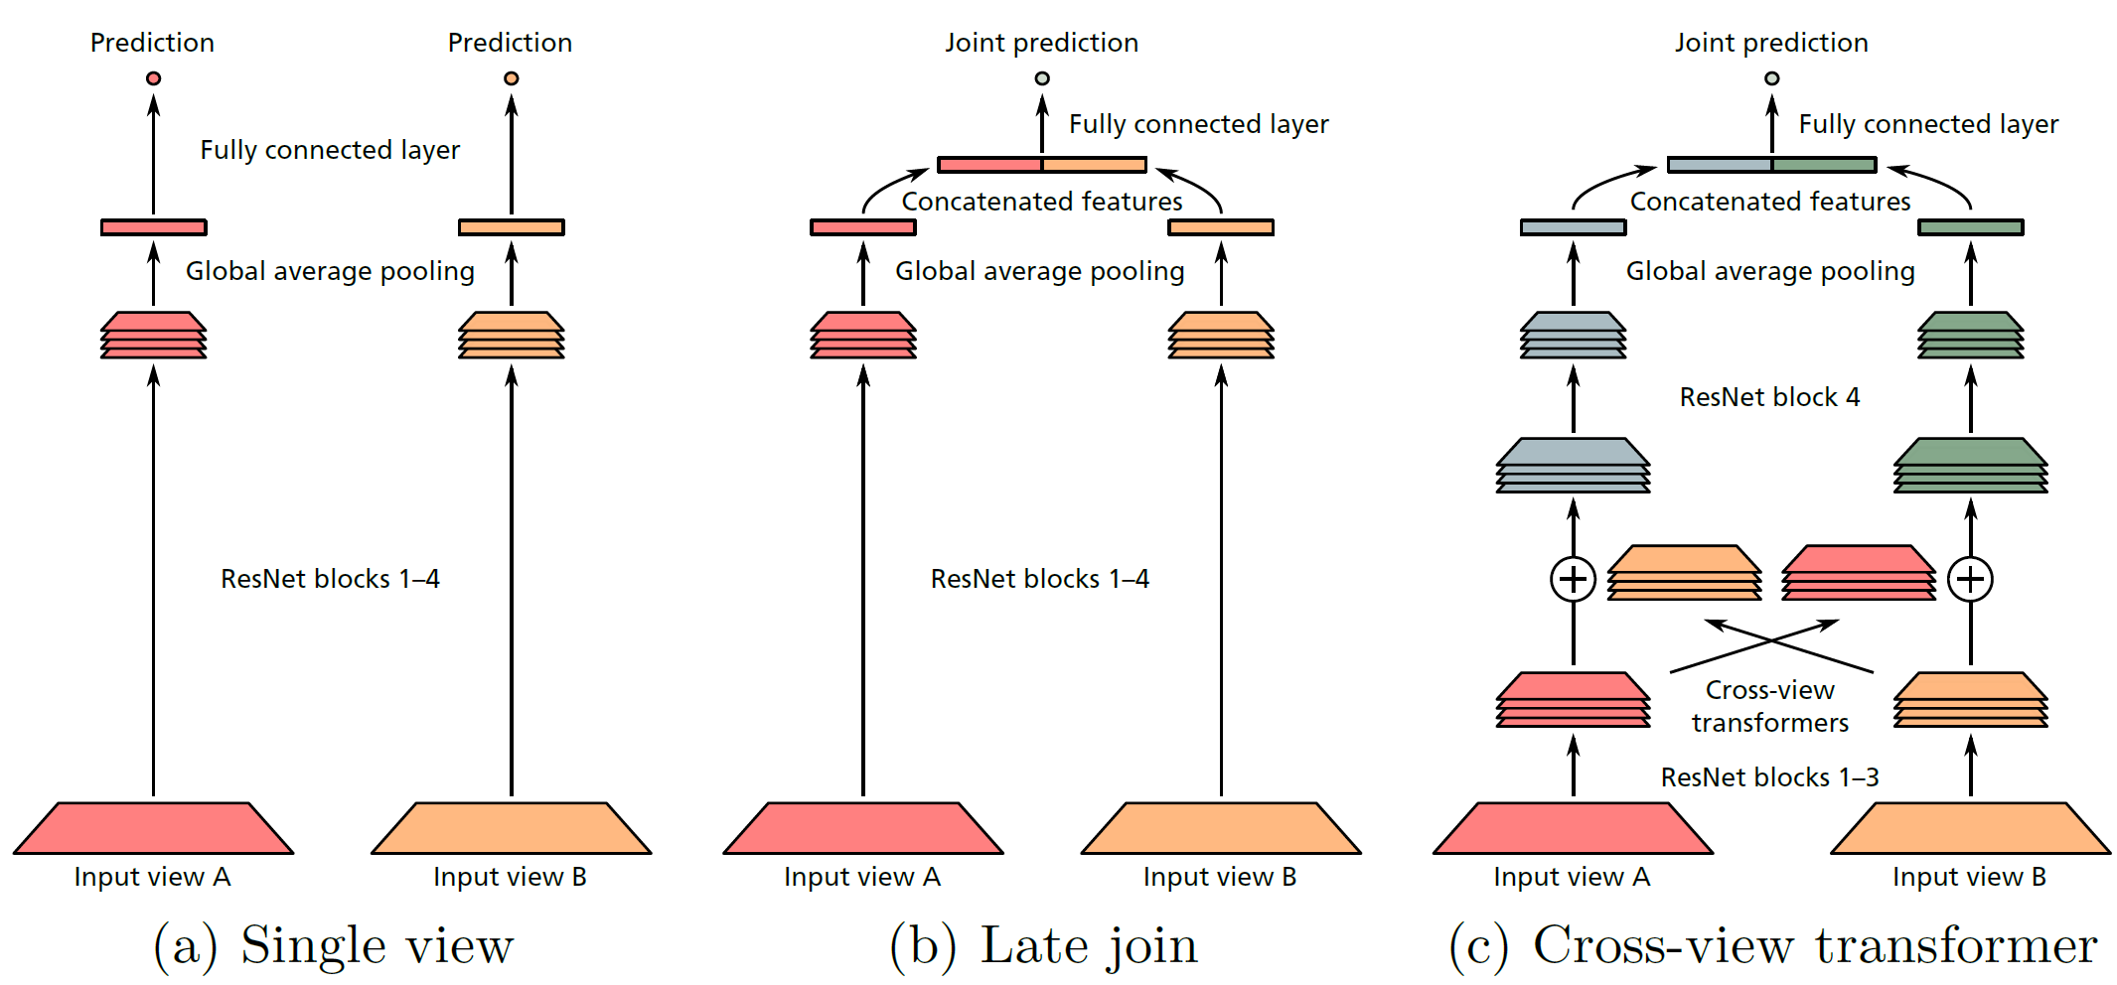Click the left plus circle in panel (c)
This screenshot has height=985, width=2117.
pos(1573,579)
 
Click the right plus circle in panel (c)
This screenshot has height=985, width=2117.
pos(1970,579)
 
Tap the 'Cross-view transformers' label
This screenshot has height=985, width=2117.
pos(1769,706)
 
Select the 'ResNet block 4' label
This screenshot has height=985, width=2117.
pos(1768,397)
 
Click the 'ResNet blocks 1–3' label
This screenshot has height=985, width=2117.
pos(1768,777)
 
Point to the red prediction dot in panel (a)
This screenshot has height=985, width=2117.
pos(153,78)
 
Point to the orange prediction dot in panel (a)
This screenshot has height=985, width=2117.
pos(511,78)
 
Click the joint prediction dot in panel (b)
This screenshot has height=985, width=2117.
pos(1041,78)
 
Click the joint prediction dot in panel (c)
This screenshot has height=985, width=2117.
pos(1771,78)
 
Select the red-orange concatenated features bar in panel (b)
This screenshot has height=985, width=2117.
pos(1041,165)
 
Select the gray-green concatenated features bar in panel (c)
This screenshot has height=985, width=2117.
pos(1771,165)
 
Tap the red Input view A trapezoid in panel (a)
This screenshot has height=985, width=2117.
pos(153,828)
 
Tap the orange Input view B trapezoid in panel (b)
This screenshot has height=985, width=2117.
pos(1220,828)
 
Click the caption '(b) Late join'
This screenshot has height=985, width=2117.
pos(1043,945)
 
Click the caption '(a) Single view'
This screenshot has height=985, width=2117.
pos(333,945)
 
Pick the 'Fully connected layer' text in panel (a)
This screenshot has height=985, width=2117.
pos(330,150)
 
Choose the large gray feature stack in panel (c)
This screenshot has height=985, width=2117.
pos(1573,465)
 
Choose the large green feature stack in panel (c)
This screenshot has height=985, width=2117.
pos(1970,465)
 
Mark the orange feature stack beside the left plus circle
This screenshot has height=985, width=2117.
pos(1684,572)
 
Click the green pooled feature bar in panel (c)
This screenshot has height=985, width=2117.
pos(1970,227)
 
